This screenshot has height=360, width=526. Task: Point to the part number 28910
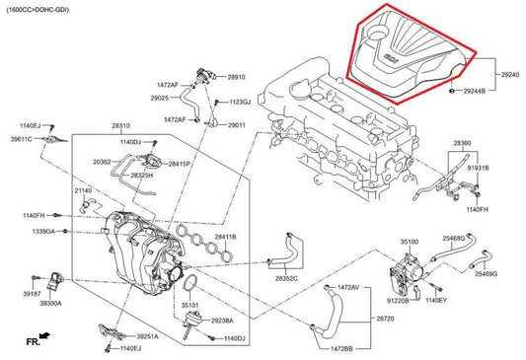237,77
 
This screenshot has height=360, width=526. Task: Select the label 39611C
22,140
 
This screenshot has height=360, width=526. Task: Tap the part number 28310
120,126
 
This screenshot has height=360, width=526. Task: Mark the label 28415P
181,163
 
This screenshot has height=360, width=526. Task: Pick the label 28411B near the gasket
226,237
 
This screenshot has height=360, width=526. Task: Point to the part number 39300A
51,304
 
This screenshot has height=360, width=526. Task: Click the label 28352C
287,278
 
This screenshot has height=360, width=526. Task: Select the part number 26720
386,320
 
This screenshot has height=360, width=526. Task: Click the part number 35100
409,240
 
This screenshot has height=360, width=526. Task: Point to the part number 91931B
478,169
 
